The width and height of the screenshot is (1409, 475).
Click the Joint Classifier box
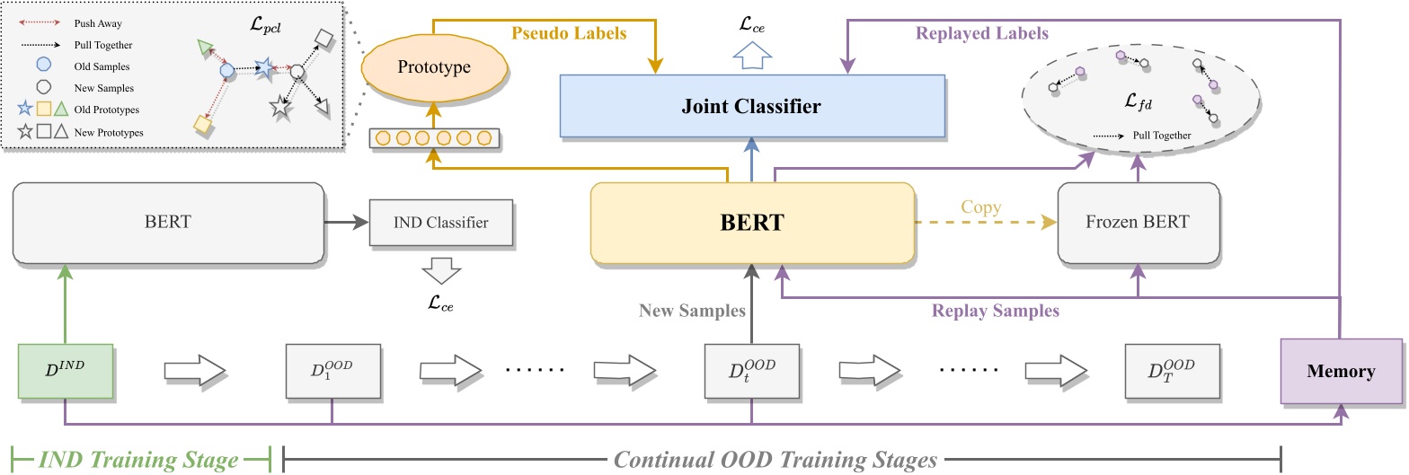pyautogui.click(x=752, y=107)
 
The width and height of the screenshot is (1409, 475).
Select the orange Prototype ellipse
pyautogui.click(x=434, y=67)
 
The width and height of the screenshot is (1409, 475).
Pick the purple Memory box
pyautogui.click(x=1340, y=371)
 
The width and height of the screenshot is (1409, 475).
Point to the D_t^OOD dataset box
pyautogui.click(x=751, y=371)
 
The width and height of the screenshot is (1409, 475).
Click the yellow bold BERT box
pyautogui.click(x=752, y=223)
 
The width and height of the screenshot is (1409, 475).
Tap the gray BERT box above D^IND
pyautogui.click(x=167, y=223)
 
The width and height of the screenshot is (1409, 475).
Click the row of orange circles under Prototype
pyautogui.click(x=434, y=139)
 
